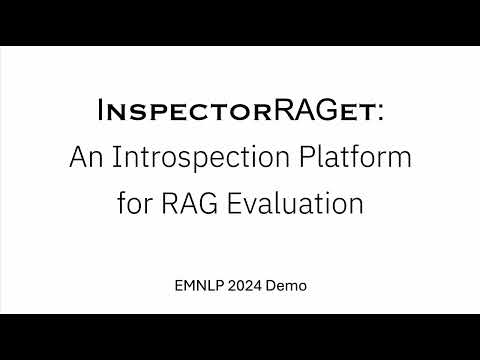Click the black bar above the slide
[x=240, y=22]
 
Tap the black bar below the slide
[x=240, y=337]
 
